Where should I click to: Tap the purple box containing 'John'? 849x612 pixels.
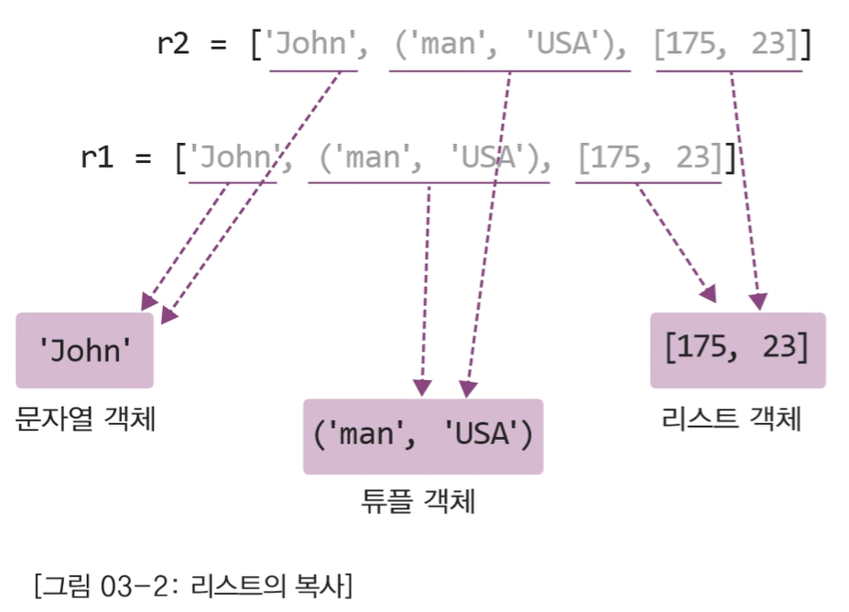coord(84,351)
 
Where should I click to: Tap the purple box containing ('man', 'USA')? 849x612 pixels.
coord(422,436)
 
